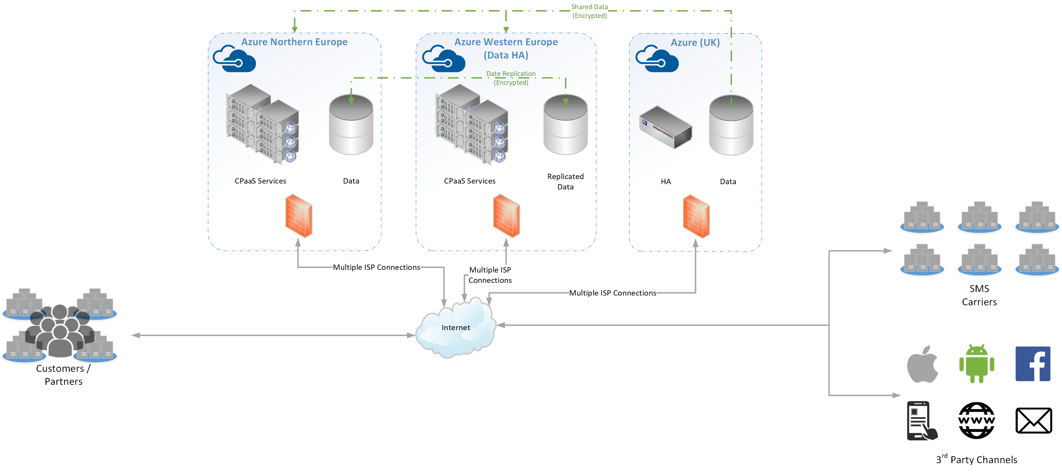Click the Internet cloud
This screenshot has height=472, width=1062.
click(x=456, y=328)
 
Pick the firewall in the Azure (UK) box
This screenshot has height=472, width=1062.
click(x=696, y=216)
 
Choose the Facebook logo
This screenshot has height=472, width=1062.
click(x=1033, y=364)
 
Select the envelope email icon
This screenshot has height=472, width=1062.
click(x=1034, y=421)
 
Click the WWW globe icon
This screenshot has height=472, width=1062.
click(x=977, y=421)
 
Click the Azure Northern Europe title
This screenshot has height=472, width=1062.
click(x=294, y=42)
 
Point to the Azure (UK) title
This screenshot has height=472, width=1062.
click(x=695, y=43)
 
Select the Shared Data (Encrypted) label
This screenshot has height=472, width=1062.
click(x=590, y=12)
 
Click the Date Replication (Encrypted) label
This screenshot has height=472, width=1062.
click(x=511, y=78)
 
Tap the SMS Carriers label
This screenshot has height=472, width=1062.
click(x=979, y=295)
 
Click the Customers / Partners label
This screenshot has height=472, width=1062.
click(x=63, y=375)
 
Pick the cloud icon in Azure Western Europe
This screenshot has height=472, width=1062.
click(x=443, y=59)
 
